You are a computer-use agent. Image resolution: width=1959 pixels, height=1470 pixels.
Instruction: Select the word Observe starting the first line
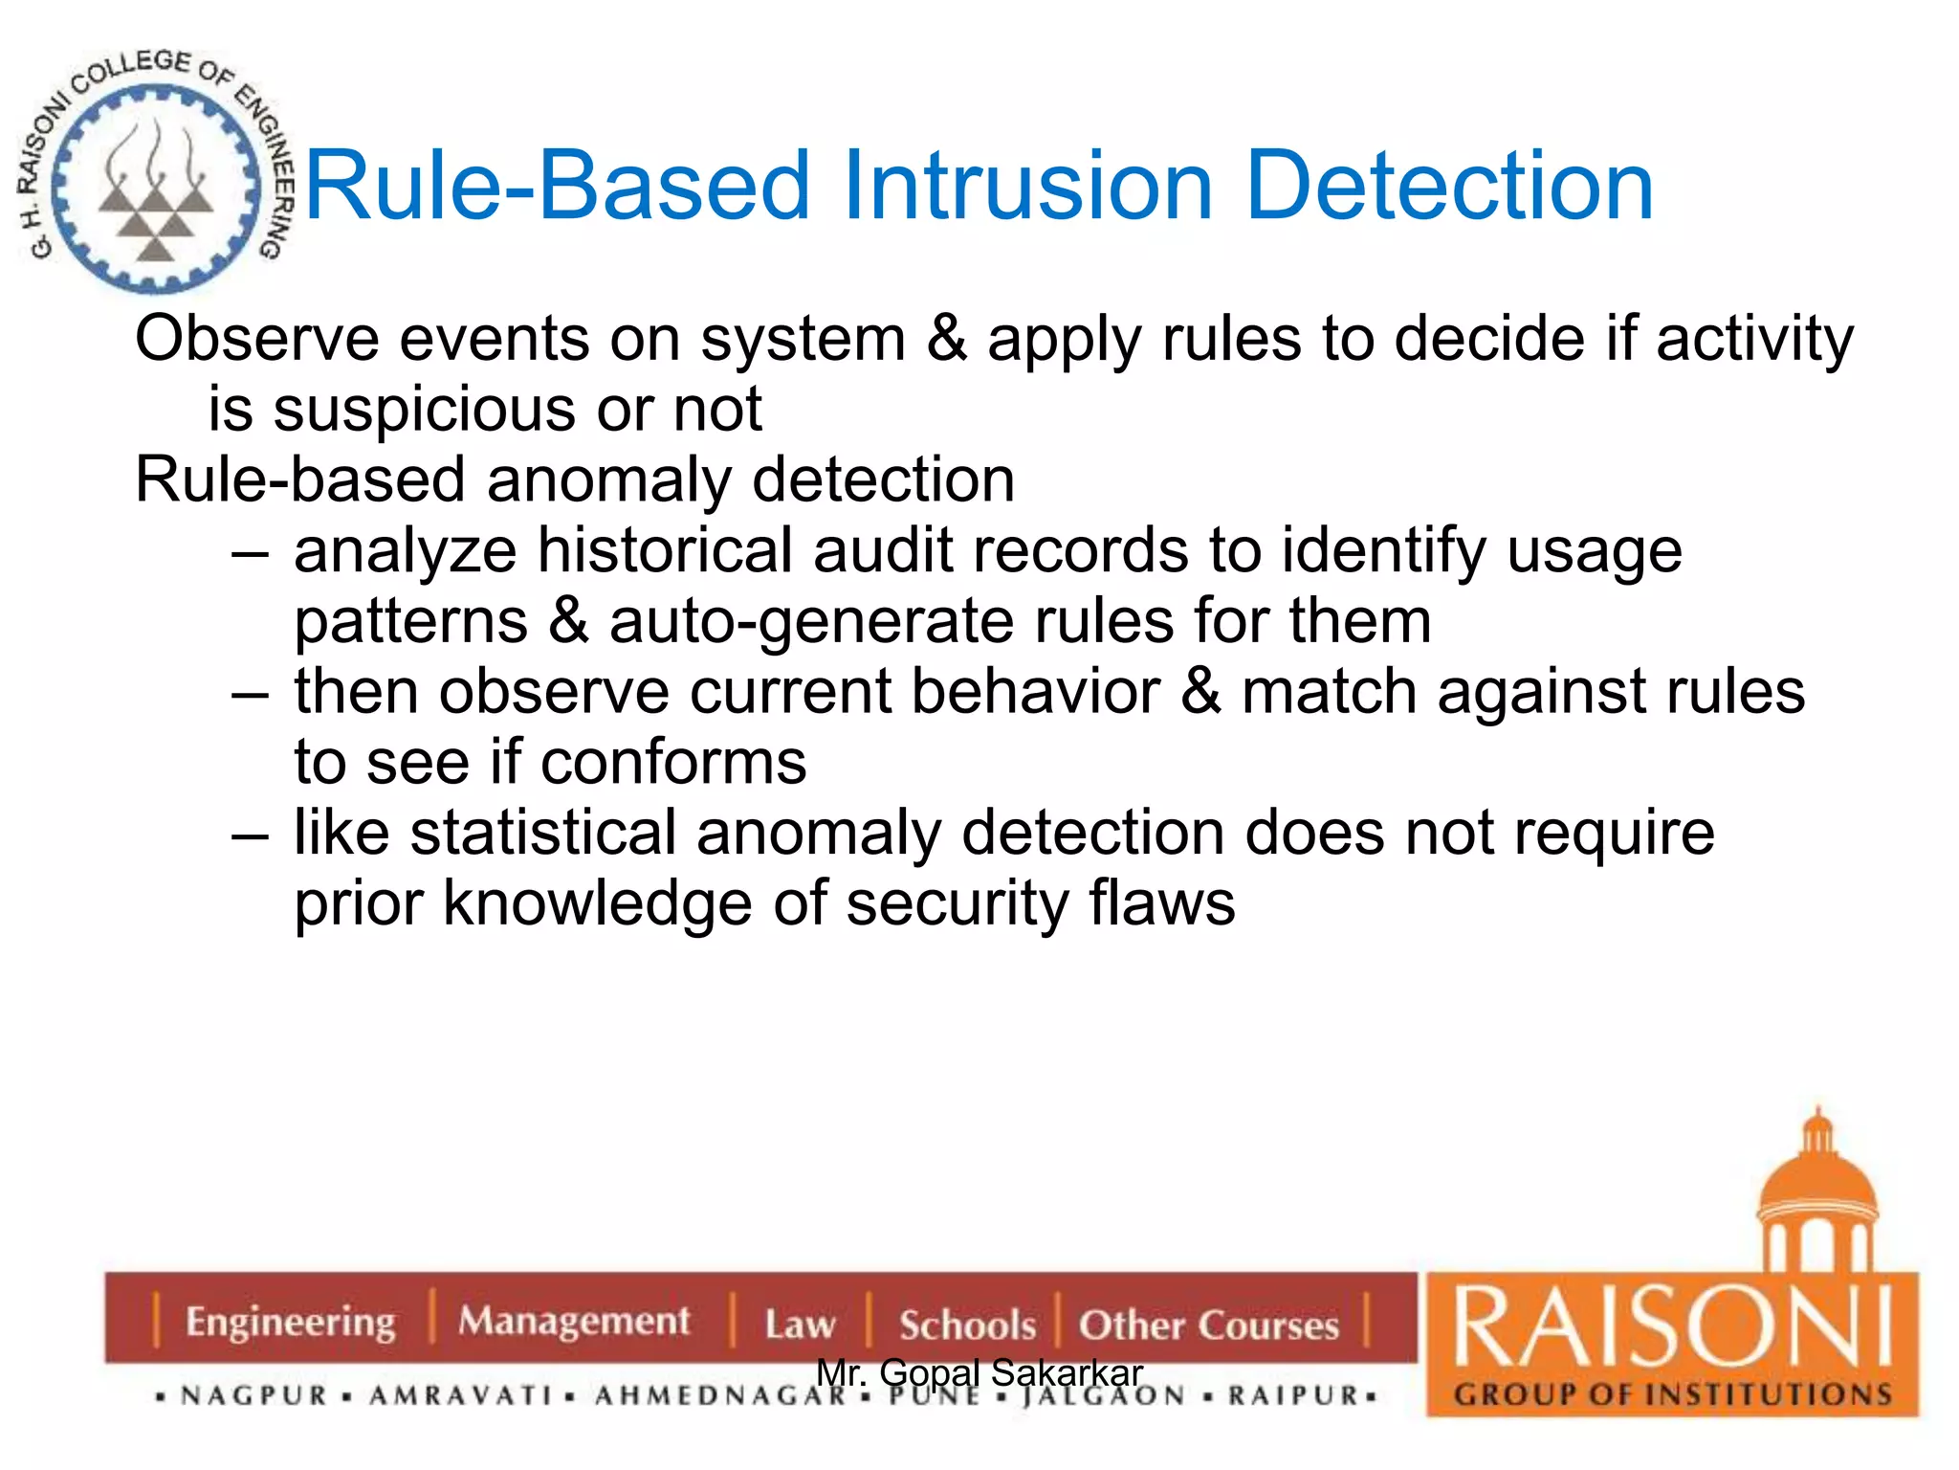[256, 339]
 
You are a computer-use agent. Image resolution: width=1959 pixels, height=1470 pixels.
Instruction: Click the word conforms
[673, 763]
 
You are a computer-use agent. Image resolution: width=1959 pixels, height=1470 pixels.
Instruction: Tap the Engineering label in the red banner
[290, 1323]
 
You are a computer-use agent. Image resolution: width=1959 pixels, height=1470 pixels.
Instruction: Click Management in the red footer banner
[573, 1322]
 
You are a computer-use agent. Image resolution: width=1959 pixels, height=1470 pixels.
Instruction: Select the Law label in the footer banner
[800, 1325]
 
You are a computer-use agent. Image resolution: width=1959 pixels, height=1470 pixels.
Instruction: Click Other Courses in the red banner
[1208, 1325]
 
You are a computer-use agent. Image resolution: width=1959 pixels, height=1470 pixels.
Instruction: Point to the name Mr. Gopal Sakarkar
[979, 1372]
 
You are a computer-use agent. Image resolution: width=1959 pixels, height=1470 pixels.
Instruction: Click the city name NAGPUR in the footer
[253, 1396]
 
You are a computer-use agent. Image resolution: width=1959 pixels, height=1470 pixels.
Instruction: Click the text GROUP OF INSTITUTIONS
[1673, 1395]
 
